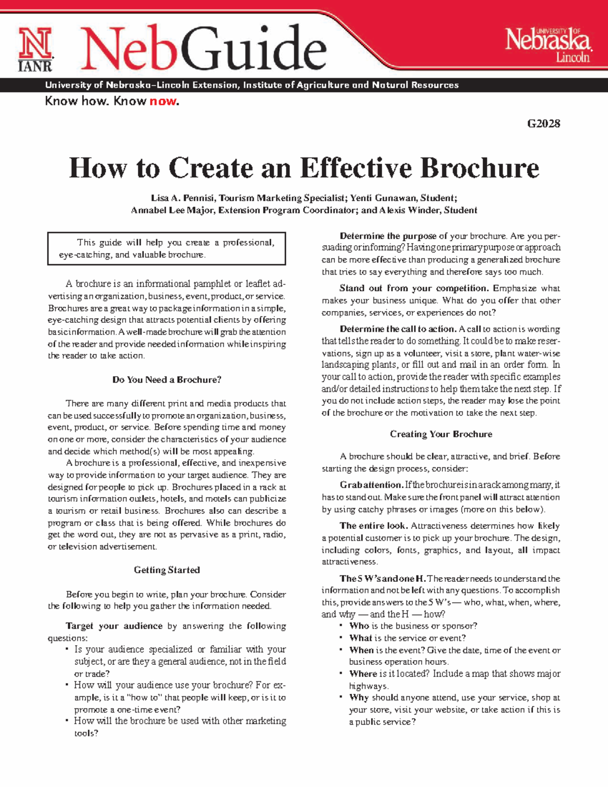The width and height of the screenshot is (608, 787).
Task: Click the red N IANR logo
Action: [35, 49]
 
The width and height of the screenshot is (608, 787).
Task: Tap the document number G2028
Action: [543, 124]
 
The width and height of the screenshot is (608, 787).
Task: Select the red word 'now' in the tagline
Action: [163, 101]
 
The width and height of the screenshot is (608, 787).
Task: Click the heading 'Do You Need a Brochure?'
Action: [167, 380]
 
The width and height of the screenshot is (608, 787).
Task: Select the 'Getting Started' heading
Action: [167, 570]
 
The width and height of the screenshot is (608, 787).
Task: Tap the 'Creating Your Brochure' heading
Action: [441, 434]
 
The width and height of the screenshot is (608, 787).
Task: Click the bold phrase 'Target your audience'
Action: [114, 626]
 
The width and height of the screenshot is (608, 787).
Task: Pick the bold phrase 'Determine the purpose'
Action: [388, 236]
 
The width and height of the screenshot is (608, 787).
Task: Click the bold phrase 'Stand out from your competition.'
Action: [414, 288]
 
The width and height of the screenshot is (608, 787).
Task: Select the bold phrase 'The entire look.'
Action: [373, 526]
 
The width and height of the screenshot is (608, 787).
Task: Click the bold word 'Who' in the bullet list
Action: [359, 626]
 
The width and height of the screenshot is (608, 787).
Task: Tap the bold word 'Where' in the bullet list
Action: [363, 673]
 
